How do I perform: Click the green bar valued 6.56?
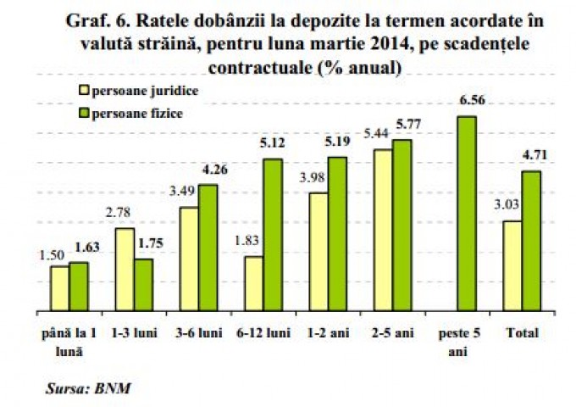pyautogui.click(x=466, y=214)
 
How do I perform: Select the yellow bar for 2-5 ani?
pyautogui.click(x=382, y=231)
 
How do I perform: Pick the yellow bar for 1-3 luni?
pyautogui.click(x=125, y=270)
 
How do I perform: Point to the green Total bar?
pyautogui.click(x=531, y=242)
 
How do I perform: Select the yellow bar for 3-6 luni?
pyautogui.click(x=189, y=259)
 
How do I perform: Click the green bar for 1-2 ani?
pyautogui.click(x=337, y=234)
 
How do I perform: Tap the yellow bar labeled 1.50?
pyautogui.click(x=59, y=288)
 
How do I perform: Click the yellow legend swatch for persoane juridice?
pyautogui.click(x=82, y=89)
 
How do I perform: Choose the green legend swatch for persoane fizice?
pyautogui.click(x=82, y=111)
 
